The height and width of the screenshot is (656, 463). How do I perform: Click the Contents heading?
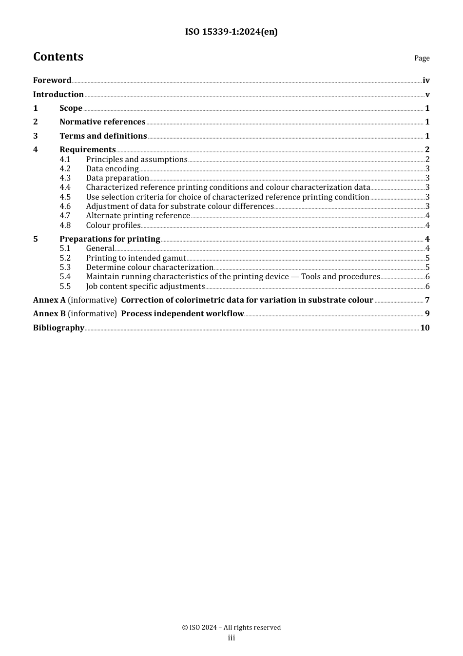click(x=58, y=57)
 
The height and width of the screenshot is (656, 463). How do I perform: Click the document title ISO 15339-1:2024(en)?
click(x=231, y=32)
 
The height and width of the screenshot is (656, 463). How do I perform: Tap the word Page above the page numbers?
click(x=422, y=58)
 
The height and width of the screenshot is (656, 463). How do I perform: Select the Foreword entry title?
click(x=52, y=80)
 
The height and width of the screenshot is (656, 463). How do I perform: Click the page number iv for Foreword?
click(x=426, y=81)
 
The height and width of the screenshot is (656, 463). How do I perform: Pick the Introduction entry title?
click(x=58, y=94)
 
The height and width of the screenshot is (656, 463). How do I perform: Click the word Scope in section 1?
click(x=71, y=108)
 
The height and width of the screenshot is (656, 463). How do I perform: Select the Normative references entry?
click(x=102, y=122)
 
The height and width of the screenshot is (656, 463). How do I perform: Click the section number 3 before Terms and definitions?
click(x=35, y=136)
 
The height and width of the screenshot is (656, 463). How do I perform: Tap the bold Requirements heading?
click(x=88, y=150)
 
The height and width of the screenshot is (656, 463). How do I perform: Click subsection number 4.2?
click(x=65, y=169)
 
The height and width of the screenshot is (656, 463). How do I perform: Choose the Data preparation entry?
click(x=117, y=178)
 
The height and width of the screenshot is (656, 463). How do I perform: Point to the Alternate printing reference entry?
click(x=138, y=216)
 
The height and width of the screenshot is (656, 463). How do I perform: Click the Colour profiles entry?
click(x=113, y=225)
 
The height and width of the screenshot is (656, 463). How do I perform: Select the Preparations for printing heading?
click(x=110, y=239)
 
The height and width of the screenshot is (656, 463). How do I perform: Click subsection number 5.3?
click(x=65, y=267)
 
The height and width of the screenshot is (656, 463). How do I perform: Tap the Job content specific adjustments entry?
click(x=145, y=287)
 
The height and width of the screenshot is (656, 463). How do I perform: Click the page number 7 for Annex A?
click(x=427, y=300)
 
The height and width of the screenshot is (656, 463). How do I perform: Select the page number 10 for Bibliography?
click(x=425, y=328)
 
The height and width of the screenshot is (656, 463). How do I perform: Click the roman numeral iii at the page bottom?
click(x=231, y=638)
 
